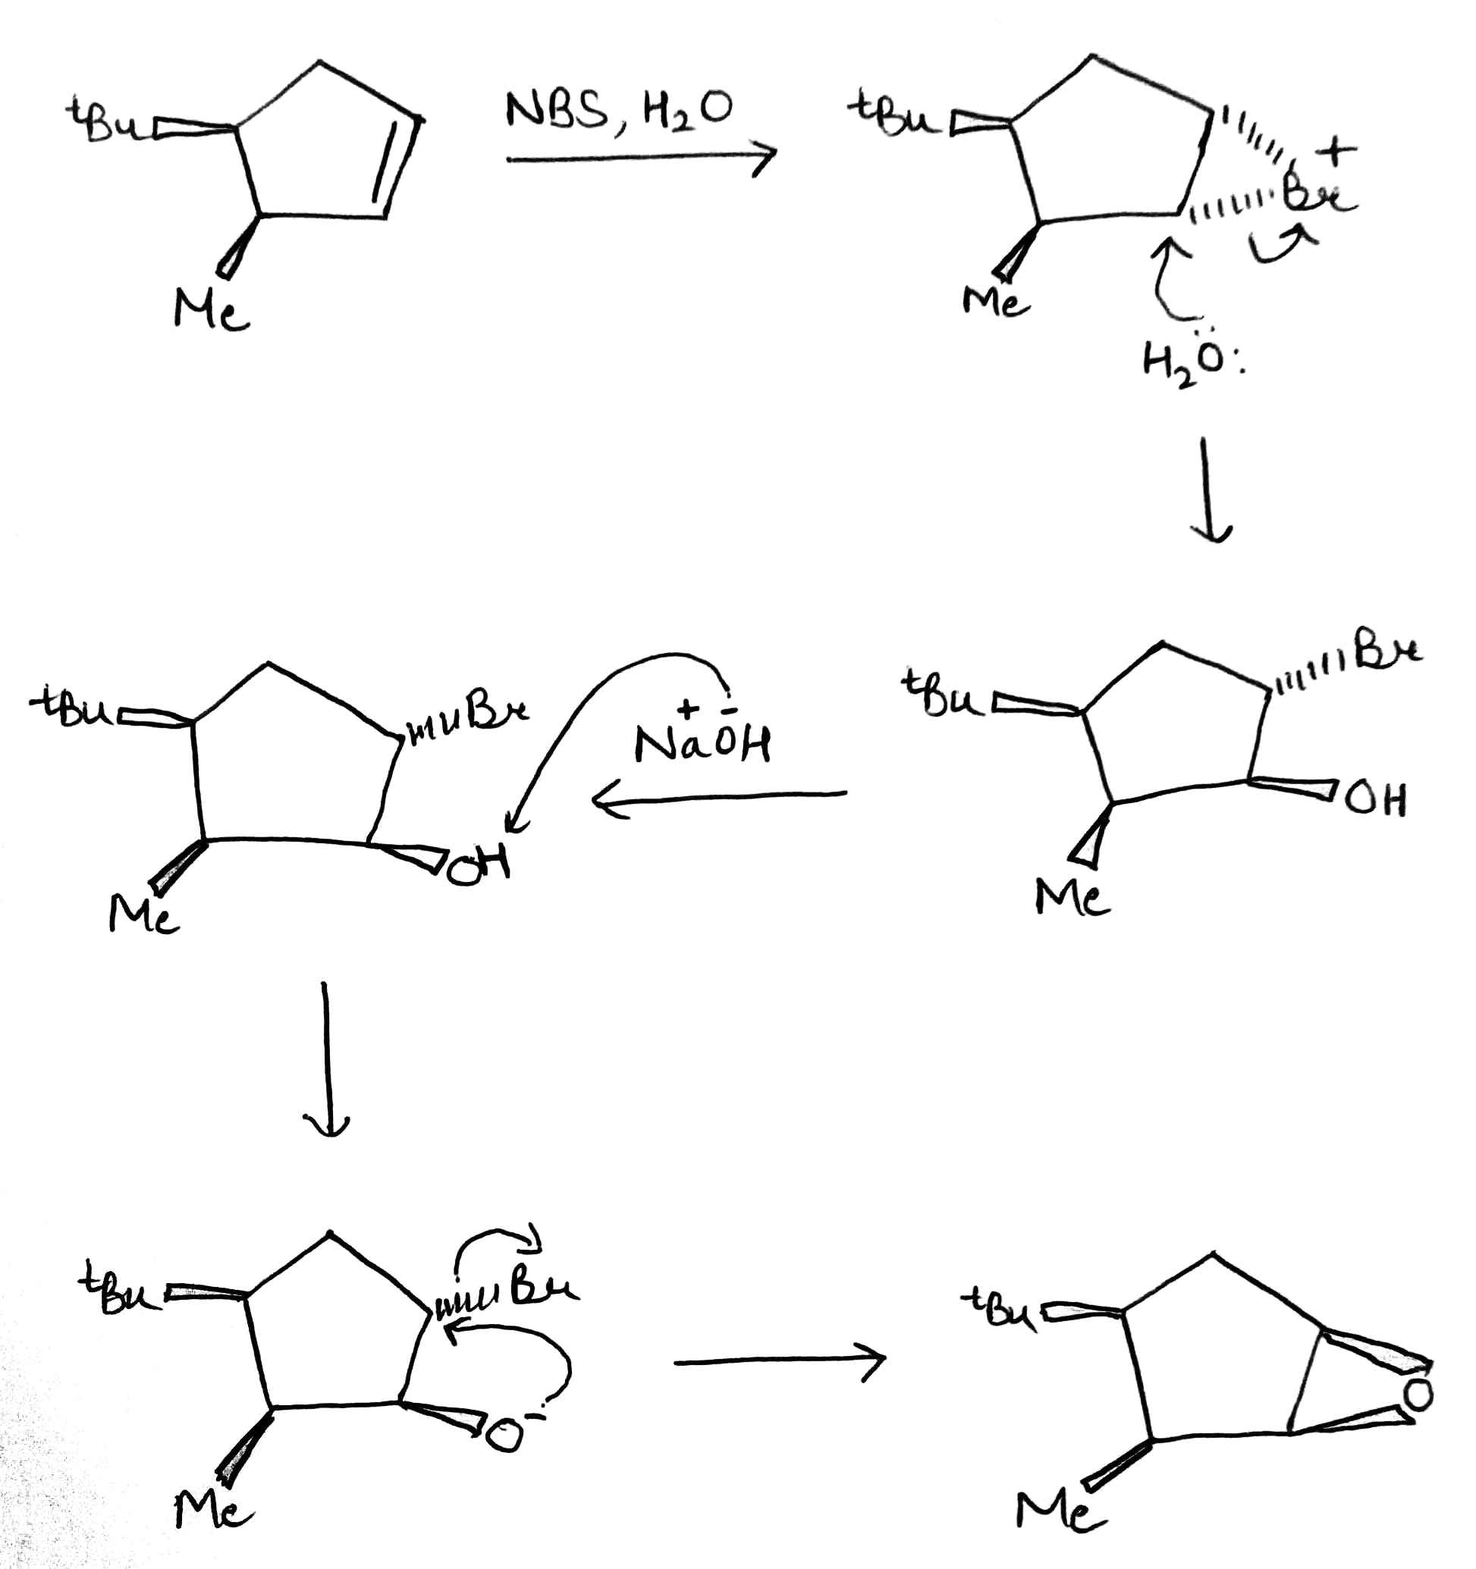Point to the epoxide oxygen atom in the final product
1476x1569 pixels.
(1418, 1395)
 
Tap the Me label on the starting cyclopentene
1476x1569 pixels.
(210, 309)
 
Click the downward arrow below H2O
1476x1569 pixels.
(1209, 489)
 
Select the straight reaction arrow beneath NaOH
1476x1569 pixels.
(718, 798)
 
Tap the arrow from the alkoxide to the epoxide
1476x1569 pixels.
(780, 1360)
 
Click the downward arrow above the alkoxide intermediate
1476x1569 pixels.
(325, 1058)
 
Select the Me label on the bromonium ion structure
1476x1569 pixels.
(994, 300)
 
